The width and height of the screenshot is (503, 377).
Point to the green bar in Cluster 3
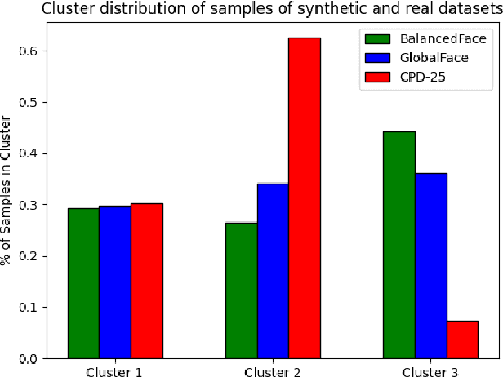(399, 245)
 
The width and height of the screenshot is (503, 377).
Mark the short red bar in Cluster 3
(462, 339)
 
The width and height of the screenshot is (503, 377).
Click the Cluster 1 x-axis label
(115, 371)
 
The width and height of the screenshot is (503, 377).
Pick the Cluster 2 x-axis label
(273, 371)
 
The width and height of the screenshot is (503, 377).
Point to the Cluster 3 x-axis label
(431, 371)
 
